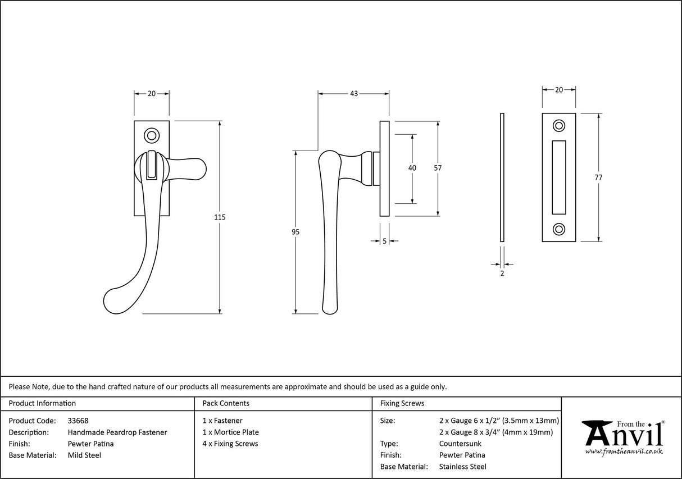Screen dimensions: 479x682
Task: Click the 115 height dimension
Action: click(x=220, y=217)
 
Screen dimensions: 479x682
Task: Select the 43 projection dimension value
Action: click(x=354, y=94)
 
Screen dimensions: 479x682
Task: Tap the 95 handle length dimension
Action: click(x=295, y=232)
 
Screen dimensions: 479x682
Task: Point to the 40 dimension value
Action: click(x=412, y=168)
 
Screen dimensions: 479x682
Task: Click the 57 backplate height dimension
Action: click(x=438, y=168)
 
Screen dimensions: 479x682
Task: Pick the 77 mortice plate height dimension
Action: click(x=598, y=177)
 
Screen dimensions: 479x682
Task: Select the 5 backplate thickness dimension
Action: click(x=384, y=241)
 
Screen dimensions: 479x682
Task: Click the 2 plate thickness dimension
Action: click(x=502, y=273)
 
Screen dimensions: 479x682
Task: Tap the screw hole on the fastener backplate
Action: click(x=151, y=135)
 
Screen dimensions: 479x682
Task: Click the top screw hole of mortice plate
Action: click(x=559, y=126)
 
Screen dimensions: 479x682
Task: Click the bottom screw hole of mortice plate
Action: click(x=559, y=229)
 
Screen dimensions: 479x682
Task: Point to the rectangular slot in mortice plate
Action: click(x=559, y=177)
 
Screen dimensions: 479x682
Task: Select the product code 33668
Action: click(x=78, y=421)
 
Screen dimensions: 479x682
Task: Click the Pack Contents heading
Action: click(x=226, y=403)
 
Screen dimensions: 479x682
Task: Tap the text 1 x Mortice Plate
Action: click(x=231, y=432)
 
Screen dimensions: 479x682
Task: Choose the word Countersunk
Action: click(x=460, y=444)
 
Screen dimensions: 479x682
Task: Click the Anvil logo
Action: click(x=624, y=435)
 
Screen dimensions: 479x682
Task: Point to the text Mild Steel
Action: click(x=84, y=455)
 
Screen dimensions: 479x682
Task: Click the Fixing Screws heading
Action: click(x=402, y=403)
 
